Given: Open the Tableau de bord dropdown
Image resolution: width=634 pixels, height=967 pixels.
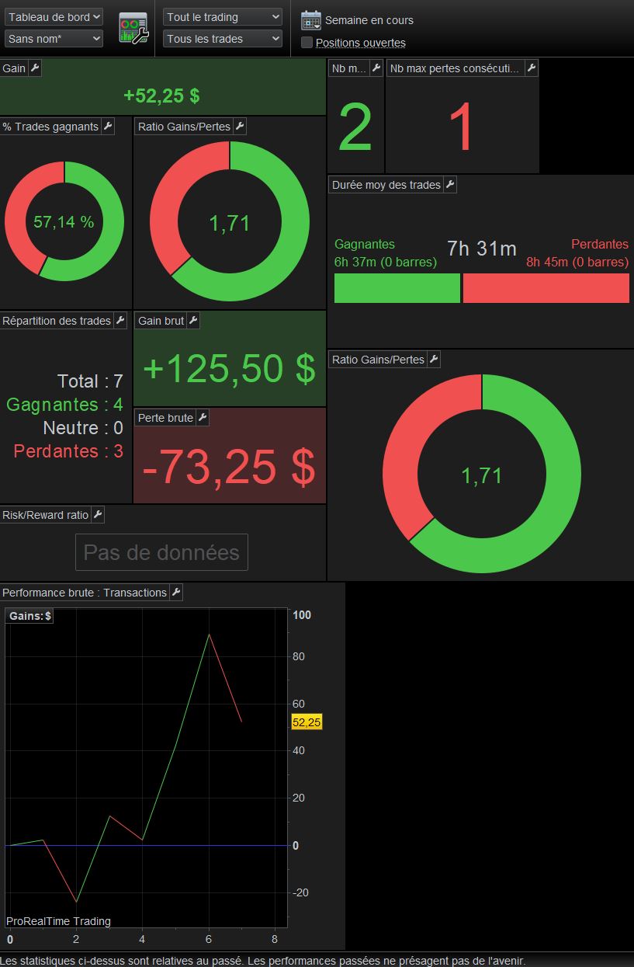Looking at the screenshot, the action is click(54, 17).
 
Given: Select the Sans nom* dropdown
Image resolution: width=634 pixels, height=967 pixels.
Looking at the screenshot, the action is click(54, 39).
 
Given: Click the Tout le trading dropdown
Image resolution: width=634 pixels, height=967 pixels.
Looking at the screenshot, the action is click(223, 17).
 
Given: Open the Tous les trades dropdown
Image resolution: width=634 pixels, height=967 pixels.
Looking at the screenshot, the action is click(223, 39).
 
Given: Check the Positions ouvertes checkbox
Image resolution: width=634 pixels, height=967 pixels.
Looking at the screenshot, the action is click(307, 42).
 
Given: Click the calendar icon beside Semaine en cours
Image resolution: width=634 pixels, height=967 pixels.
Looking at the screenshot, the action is click(311, 20).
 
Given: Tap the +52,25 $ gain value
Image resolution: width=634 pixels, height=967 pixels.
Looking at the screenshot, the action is click(161, 96).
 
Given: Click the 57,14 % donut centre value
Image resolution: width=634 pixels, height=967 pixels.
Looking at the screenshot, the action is click(64, 222).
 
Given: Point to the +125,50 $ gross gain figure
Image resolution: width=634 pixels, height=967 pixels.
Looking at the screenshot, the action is click(230, 369).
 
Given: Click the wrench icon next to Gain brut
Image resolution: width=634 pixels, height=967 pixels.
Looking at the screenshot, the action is click(194, 320).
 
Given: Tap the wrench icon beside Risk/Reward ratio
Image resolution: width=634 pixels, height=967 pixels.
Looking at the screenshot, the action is click(98, 515).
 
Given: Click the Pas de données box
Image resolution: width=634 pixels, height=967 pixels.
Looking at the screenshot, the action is click(161, 552).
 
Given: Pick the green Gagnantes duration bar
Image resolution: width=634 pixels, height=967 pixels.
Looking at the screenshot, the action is click(397, 288).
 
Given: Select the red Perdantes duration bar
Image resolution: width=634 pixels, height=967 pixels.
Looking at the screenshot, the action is click(546, 288).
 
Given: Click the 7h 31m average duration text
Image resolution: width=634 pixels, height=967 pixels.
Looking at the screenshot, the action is click(482, 249).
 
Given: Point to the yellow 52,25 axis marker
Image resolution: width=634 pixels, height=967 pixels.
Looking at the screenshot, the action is click(307, 722).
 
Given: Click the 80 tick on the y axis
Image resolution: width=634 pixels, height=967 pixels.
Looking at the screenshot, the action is click(299, 656).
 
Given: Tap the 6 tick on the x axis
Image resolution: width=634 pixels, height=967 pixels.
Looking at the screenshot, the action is click(209, 939).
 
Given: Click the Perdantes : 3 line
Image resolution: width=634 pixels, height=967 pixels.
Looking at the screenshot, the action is click(68, 451).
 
